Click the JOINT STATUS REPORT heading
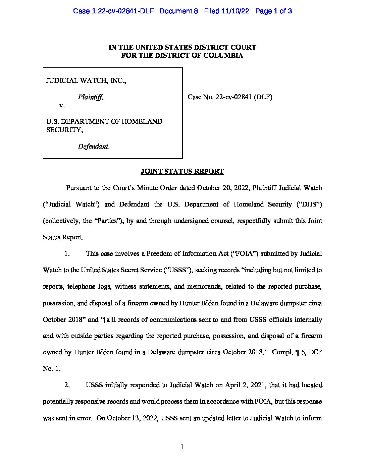pyautogui.click(x=182, y=172)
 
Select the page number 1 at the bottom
pyautogui.click(x=182, y=447)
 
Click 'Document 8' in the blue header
pyautogui.click(x=178, y=11)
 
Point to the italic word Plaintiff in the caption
pyautogui.click(x=90, y=97)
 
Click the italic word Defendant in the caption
pyautogui.click(x=93, y=146)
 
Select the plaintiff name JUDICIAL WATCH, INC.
pyautogui.click(x=86, y=81)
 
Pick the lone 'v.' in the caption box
pyautogui.click(x=62, y=106)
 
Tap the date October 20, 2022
pyautogui.click(x=223, y=188)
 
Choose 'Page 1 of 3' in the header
pyautogui.click(x=273, y=11)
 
